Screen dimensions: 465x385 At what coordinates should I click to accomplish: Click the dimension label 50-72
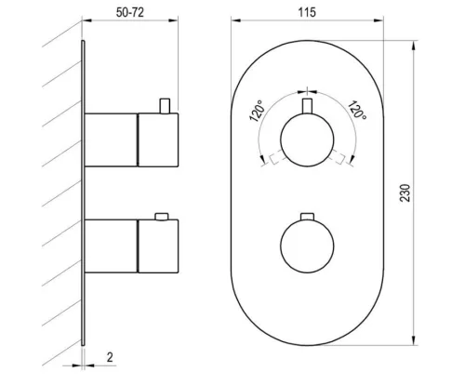130,12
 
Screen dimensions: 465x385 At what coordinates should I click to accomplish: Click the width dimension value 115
307,12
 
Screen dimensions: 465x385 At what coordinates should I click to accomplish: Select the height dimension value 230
405,192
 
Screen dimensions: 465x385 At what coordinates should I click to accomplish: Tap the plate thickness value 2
110,357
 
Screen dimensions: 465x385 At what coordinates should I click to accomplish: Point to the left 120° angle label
257,111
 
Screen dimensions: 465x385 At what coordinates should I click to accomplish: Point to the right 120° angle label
357,110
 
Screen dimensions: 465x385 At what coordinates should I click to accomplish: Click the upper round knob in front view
307,140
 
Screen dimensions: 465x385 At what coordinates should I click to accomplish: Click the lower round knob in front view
307,246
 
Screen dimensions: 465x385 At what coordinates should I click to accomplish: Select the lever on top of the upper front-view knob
307,106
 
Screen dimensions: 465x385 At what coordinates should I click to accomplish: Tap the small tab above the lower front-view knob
307,217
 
